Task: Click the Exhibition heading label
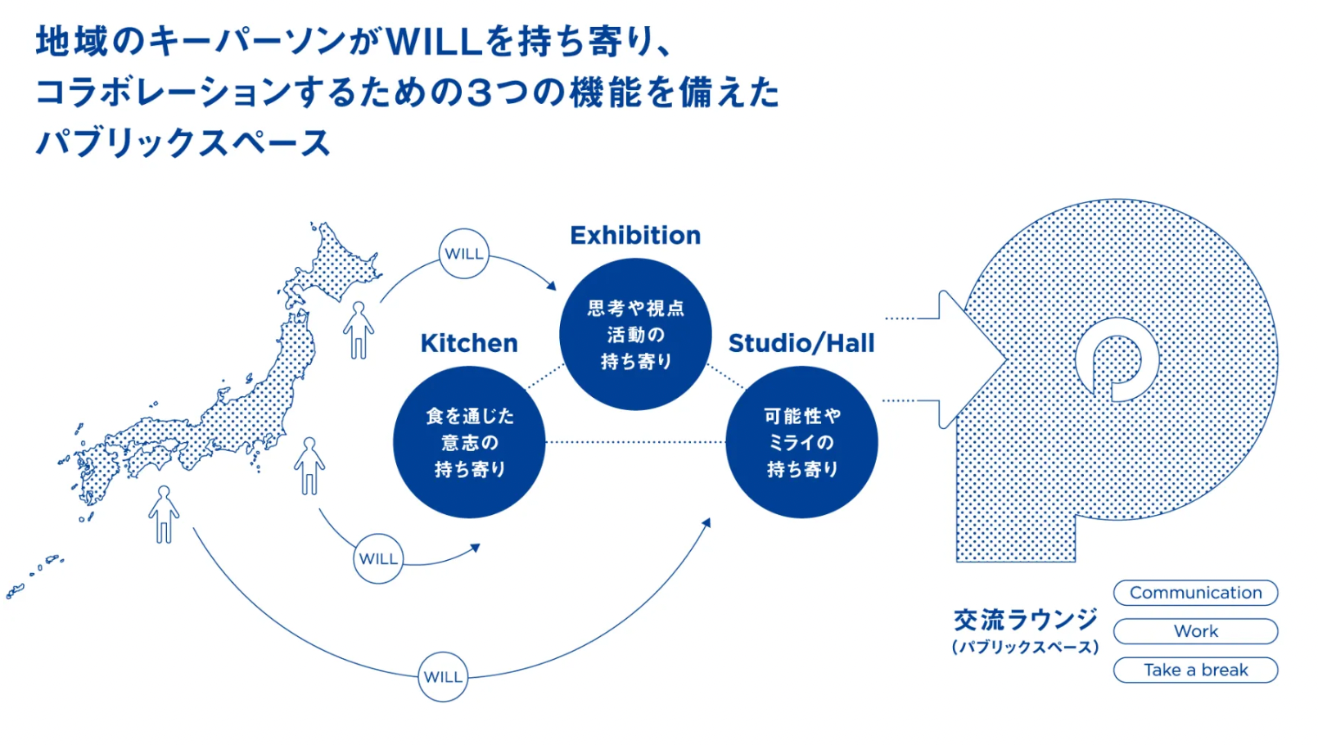[x=635, y=236]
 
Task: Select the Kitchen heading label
[x=469, y=343]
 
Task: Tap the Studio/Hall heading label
[x=801, y=343]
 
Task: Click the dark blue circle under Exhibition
[x=635, y=334]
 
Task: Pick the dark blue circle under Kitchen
[x=469, y=442]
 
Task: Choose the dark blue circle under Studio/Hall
[x=801, y=442]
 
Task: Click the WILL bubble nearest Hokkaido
[x=464, y=254]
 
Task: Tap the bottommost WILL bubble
[x=443, y=677]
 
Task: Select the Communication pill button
[x=1195, y=593]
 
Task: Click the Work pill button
[x=1195, y=631]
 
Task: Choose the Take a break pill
[x=1195, y=670]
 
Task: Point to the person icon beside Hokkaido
[x=359, y=330]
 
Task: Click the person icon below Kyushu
[x=164, y=514]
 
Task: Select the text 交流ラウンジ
[x=1025, y=620]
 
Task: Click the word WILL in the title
[x=434, y=41]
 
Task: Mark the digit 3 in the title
[x=480, y=93]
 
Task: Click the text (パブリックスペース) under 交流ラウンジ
[x=1025, y=648]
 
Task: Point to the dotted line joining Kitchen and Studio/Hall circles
[x=635, y=442]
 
